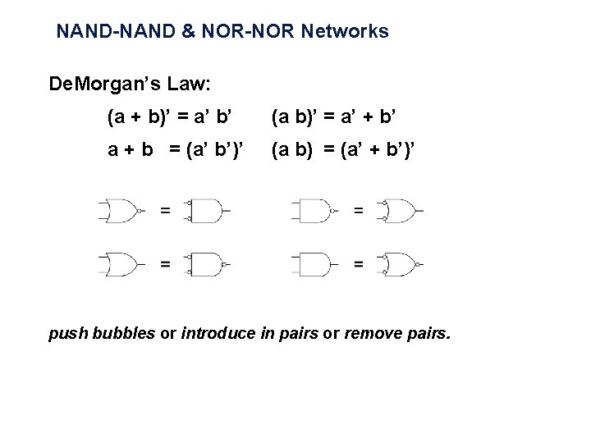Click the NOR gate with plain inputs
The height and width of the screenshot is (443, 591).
coord(123,211)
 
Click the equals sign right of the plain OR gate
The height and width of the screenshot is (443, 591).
coord(165,264)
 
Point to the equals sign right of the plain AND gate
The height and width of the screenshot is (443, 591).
coord(358,264)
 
